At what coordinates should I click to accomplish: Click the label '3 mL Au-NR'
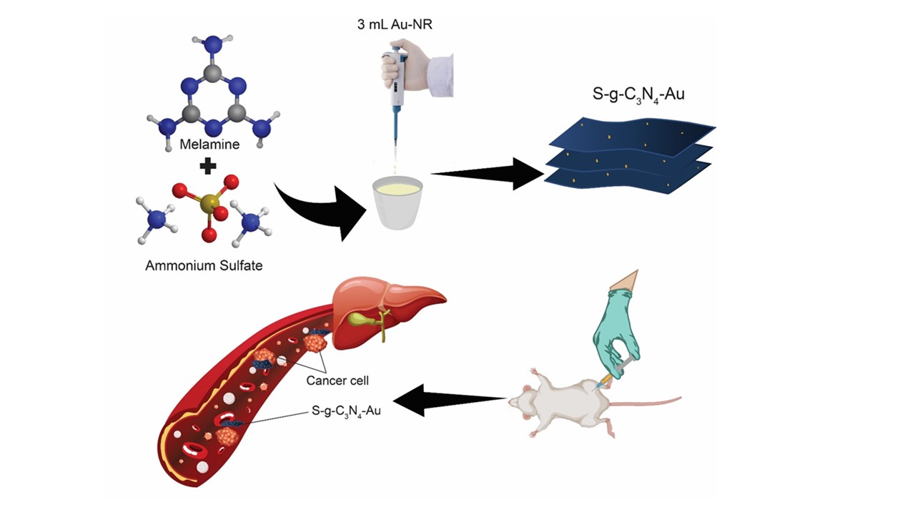coord(395,24)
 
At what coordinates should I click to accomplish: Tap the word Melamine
coord(209,144)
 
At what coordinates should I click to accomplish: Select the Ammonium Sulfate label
coord(204,266)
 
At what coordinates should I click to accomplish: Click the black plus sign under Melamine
coord(208,167)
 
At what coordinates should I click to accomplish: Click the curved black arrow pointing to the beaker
coord(315,212)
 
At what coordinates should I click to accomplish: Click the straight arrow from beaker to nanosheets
coord(486,172)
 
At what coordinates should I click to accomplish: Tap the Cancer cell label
coord(337,380)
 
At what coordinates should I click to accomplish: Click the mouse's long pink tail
coord(651,401)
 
